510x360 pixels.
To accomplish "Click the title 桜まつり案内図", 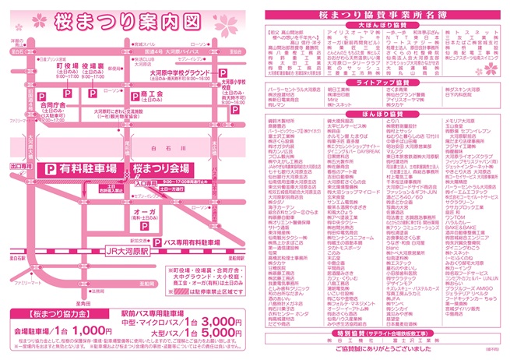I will point(127,17).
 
